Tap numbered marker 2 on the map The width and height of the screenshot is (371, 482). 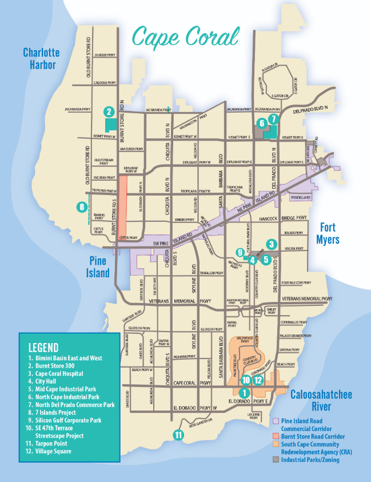(x=109, y=111)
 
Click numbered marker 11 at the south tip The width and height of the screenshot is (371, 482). (x=179, y=435)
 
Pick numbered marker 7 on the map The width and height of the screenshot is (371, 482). (x=273, y=119)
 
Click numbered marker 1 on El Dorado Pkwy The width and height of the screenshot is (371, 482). (x=244, y=393)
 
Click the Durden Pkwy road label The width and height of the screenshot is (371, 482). (x=105, y=54)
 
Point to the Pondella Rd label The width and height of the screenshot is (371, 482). (x=300, y=197)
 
